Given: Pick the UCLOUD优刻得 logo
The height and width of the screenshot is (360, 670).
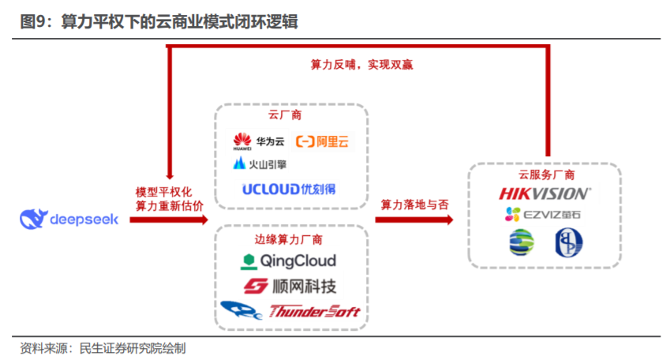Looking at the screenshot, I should (x=289, y=189).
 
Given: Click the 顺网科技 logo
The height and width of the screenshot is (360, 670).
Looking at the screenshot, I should (x=289, y=286).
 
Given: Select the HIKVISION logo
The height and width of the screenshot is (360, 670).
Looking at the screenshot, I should (x=545, y=193).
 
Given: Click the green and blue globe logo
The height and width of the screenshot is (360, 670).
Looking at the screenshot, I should (x=521, y=242).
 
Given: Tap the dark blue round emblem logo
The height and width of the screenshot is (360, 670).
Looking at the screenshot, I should (x=567, y=242).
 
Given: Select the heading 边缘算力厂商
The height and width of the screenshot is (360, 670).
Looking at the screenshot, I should (x=289, y=239).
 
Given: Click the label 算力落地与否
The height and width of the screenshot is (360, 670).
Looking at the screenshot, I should (x=414, y=204).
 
